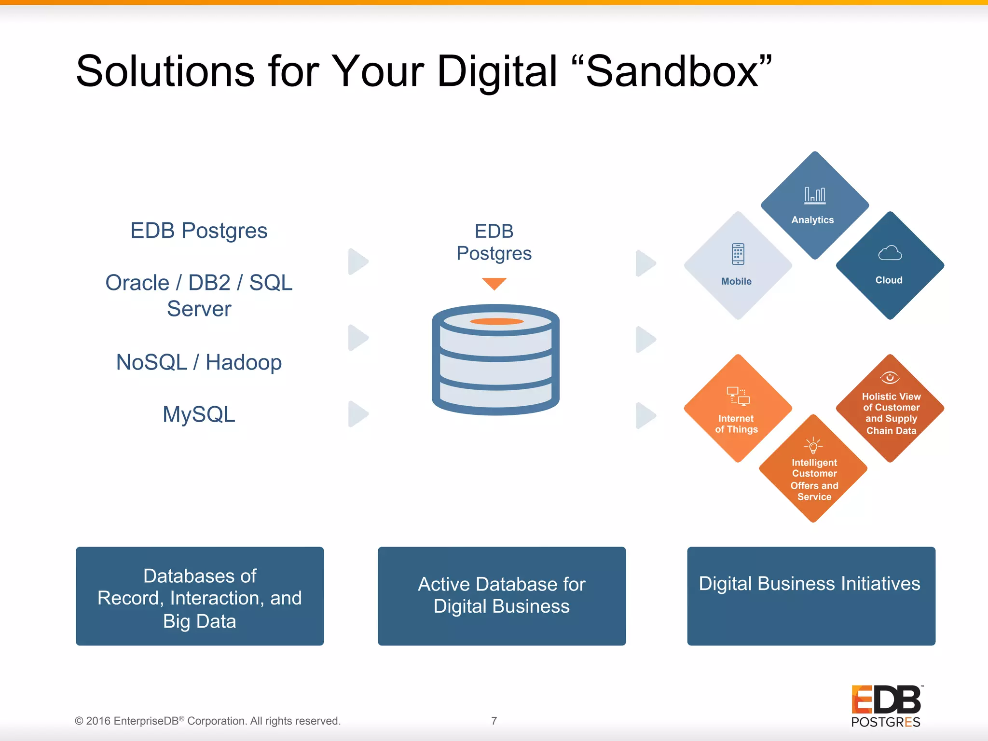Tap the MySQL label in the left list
coord(199,414)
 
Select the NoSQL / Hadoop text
coord(199,362)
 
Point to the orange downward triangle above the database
coord(494,283)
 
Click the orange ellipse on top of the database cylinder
coord(496,321)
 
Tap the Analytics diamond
coord(815,206)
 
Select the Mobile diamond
coord(738,265)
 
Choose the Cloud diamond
coord(890,265)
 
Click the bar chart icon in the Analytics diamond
coord(815,195)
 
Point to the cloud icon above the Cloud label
coord(890,253)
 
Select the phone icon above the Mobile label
coord(738,254)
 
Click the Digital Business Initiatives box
coord(811,596)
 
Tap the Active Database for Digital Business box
coord(502,596)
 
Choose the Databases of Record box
coord(200,596)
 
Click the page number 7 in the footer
coord(494,721)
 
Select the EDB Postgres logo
coord(886,706)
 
